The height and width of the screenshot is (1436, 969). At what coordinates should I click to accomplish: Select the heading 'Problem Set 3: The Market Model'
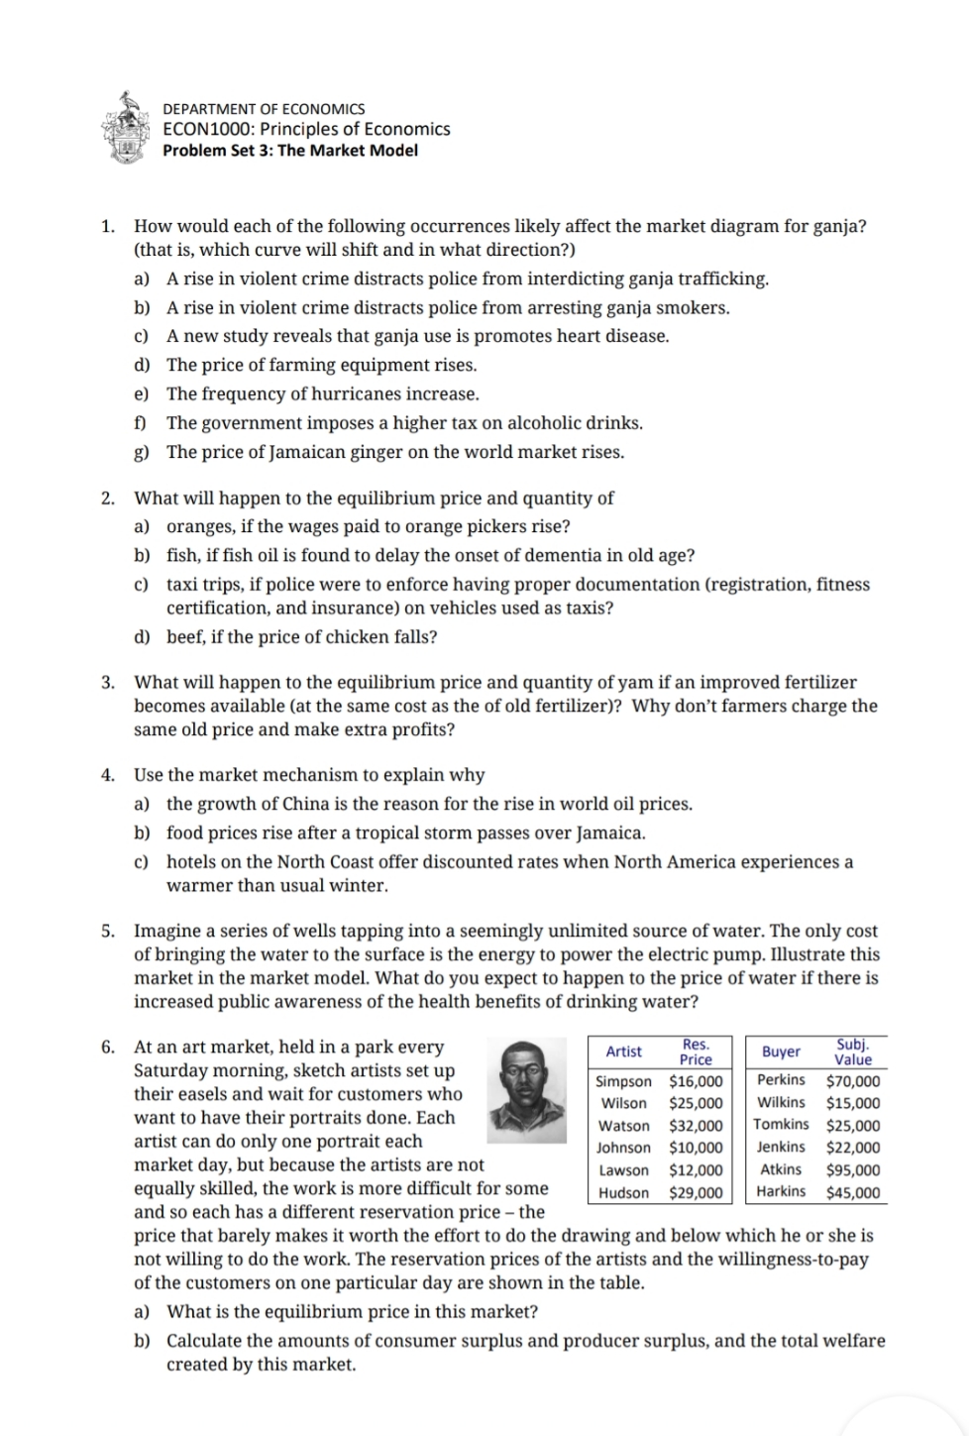(289, 151)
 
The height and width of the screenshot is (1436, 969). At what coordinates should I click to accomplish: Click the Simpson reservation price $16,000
(696, 1081)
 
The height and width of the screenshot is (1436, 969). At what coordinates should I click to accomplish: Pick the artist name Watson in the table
(623, 1126)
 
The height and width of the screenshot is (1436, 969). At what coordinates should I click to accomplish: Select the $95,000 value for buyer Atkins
(852, 1170)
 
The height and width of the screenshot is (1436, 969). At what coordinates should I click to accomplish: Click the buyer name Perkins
(781, 1080)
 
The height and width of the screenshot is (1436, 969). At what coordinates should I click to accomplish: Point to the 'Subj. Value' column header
(853, 1051)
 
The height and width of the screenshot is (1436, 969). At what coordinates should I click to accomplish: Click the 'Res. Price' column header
(695, 1051)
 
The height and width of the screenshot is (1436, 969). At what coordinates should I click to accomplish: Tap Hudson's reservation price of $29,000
(696, 1193)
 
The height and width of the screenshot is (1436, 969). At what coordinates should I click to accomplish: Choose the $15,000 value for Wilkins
(852, 1103)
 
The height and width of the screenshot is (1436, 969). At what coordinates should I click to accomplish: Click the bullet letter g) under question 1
(142, 453)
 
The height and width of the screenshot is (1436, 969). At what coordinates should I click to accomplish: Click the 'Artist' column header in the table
(623, 1051)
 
